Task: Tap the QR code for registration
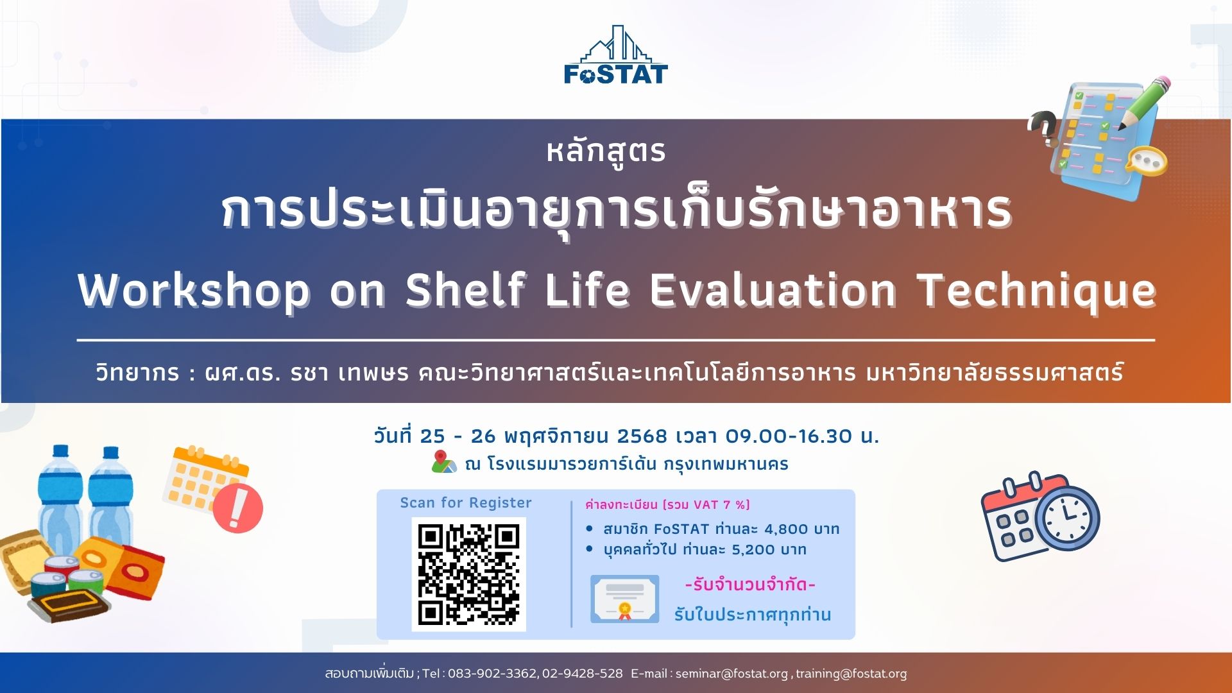tap(468, 574)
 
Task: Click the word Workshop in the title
tap(194, 291)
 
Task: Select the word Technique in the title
tap(1037, 291)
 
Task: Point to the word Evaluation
tap(773, 290)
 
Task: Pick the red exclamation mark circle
tap(237, 508)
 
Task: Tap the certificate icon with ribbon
tap(624, 599)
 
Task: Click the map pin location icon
tap(443, 462)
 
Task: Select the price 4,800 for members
tap(786, 529)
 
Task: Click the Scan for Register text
tap(466, 502)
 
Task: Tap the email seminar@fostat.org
tap(732, 674)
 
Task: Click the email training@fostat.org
tap(851, 674)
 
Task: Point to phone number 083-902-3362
tap(492, 674)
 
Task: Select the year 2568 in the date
tap(642, 436)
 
